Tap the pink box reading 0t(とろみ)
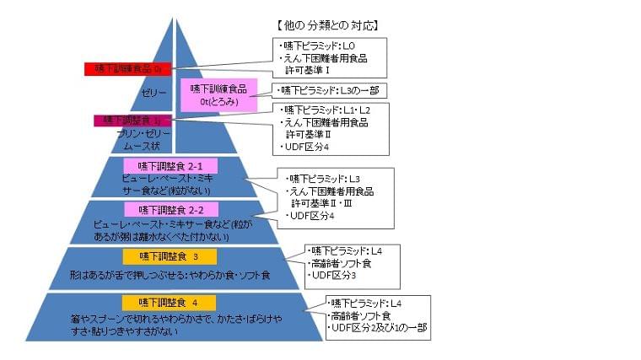point(218,94)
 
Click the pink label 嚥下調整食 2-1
point(160,166)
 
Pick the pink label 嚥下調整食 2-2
point(160,208)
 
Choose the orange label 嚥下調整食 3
point(170,255)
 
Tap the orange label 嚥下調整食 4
point(170,302)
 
